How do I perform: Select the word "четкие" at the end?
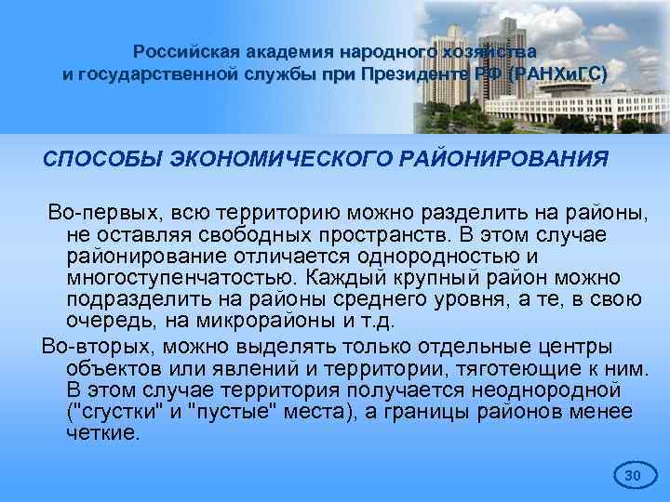pyautogui.click(x=101, y=434)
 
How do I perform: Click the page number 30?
pyautogui.click(x=633, y=477)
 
